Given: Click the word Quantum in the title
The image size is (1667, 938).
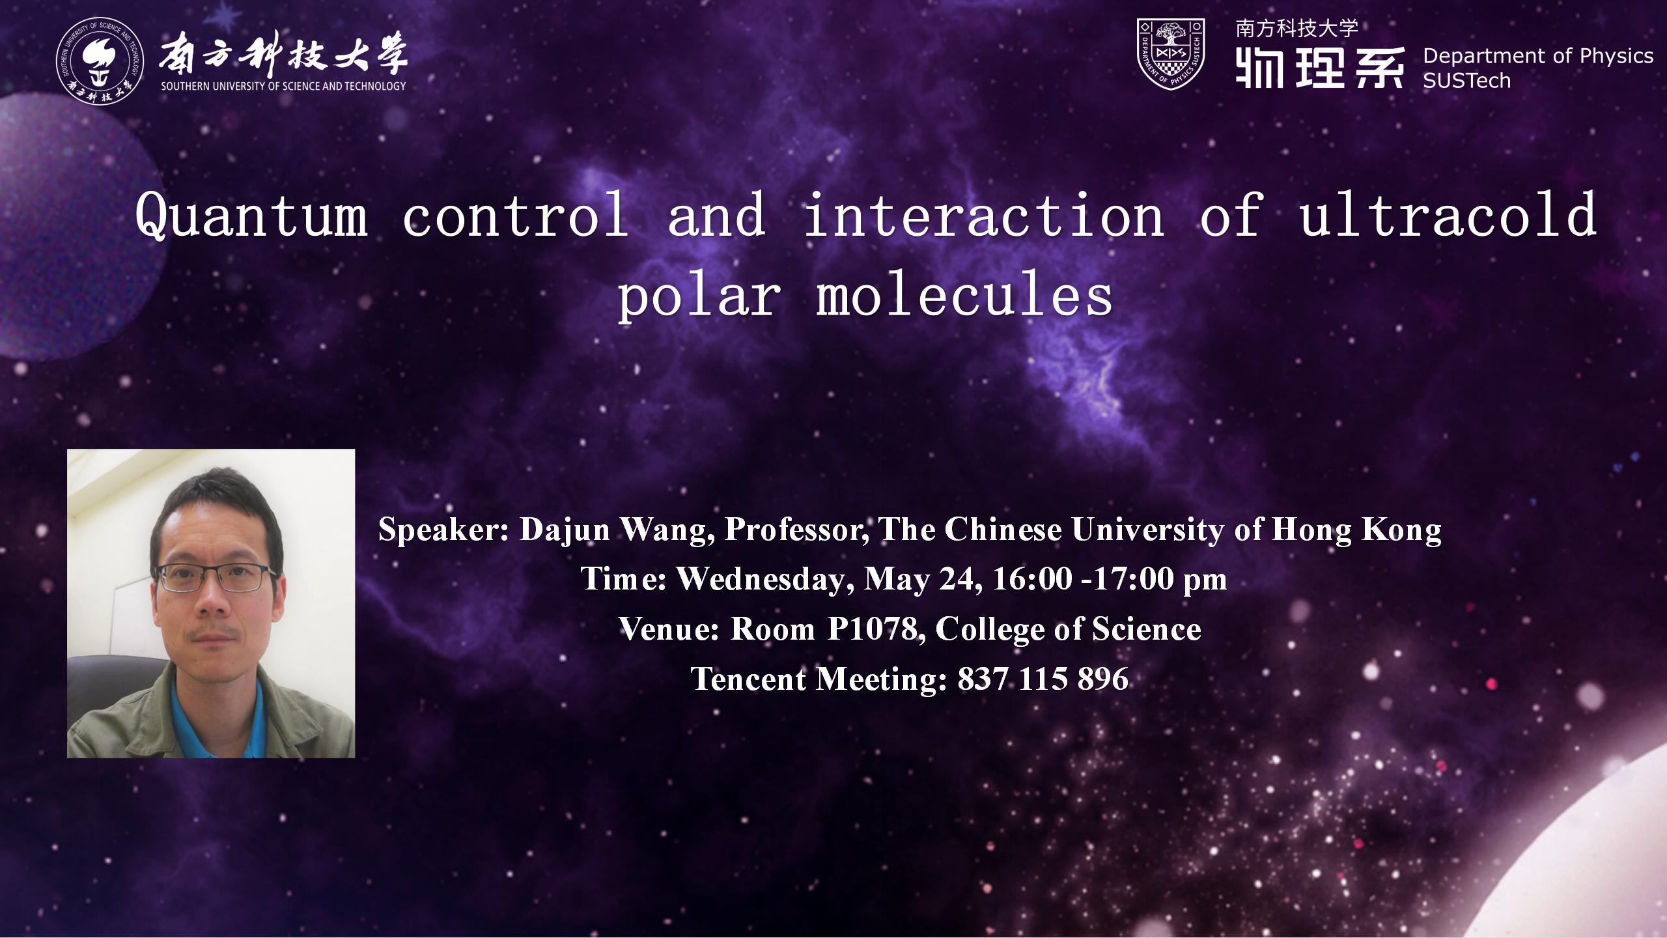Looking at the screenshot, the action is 251,216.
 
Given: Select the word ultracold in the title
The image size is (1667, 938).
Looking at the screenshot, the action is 1448,215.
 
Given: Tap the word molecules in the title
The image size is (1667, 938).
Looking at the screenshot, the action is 964,296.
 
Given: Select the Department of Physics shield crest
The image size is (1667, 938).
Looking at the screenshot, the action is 1170,54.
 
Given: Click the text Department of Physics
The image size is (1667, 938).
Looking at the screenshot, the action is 1537,56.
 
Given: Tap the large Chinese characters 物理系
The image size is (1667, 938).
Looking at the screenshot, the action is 1319,67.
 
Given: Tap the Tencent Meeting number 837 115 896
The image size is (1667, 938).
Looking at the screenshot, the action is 1043,679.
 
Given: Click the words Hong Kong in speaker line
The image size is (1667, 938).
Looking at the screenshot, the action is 1356,531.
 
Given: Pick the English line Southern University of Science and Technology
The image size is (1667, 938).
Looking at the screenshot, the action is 284,86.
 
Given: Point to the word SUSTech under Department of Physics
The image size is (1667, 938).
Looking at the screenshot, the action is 1466,81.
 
